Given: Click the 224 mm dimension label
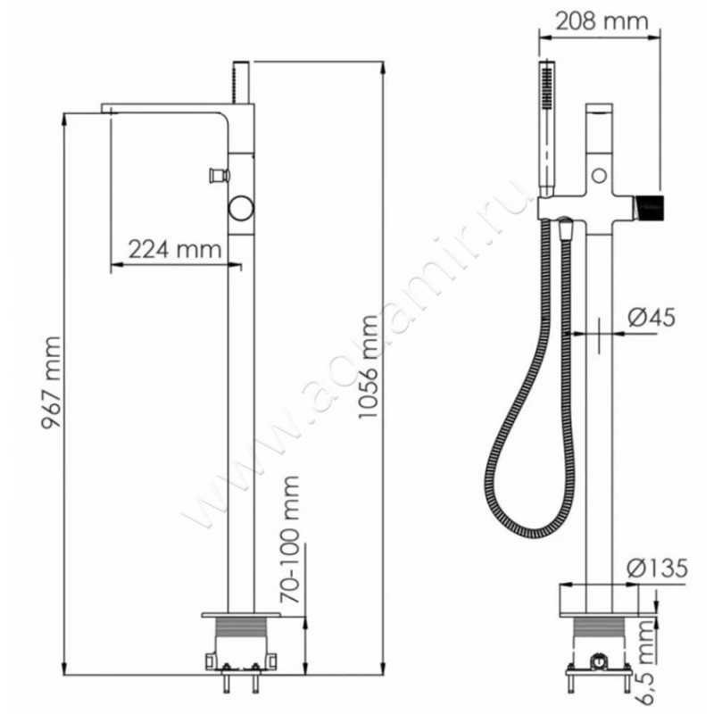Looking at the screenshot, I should pyautogui.click(x=174, y=249).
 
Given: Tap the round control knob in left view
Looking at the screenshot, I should pyautogui.click(x=241, y=209).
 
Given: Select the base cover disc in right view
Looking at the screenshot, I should pyautogui.click(x=599, y=597).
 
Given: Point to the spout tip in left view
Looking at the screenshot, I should pyautogui.click(x=107, y=109).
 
